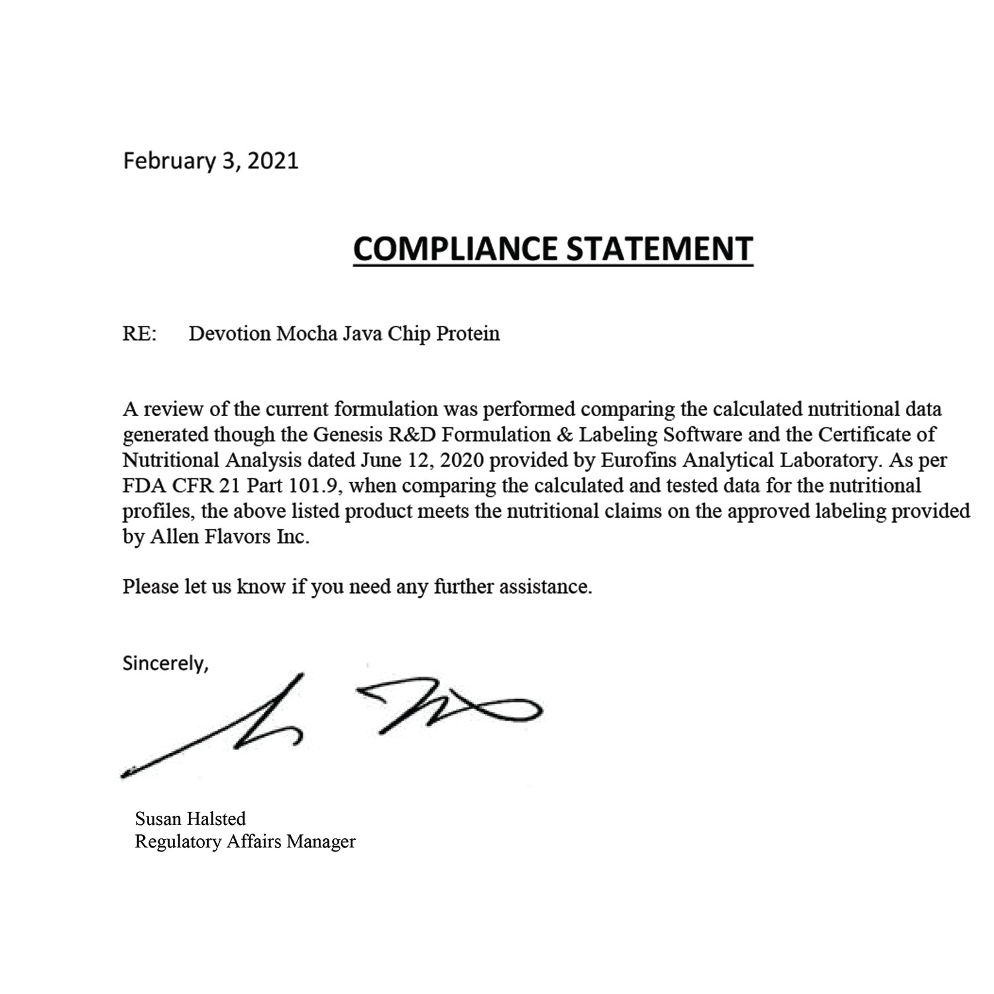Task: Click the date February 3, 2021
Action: click(x=211, y=161)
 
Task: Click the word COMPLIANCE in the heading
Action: click(x=455, y=248)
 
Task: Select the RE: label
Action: click(x=140, y=333)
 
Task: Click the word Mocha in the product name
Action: click(x=305, y=333)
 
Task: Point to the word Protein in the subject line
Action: click(x=468, y=333)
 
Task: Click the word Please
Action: click(x=151, y=587)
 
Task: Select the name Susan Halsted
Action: click(x=190, y=818)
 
